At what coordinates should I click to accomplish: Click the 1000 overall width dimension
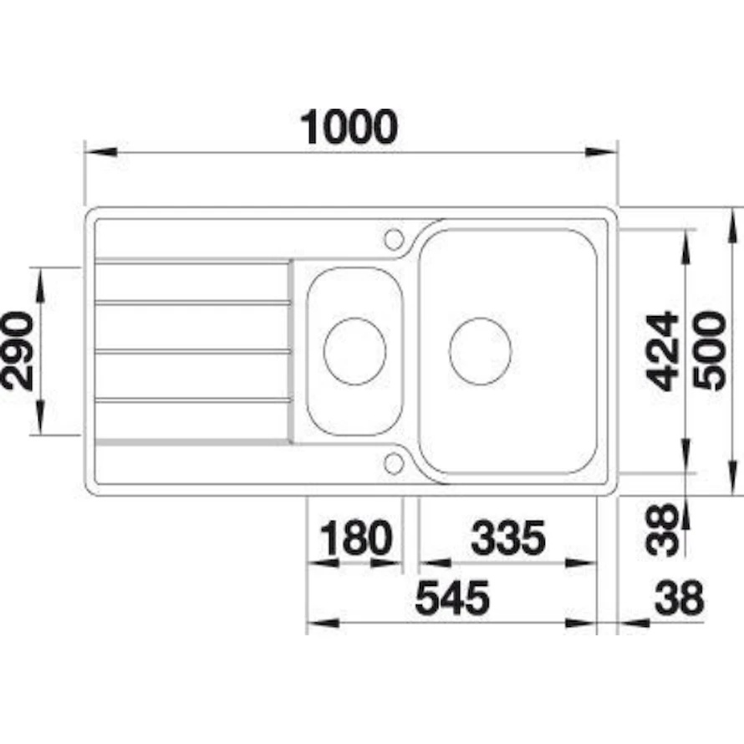tap(349, 127)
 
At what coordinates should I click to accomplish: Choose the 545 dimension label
tap(452, 598)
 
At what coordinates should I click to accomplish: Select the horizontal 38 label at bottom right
tap(679, 598)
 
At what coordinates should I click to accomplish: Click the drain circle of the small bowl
tap(355, 351)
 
